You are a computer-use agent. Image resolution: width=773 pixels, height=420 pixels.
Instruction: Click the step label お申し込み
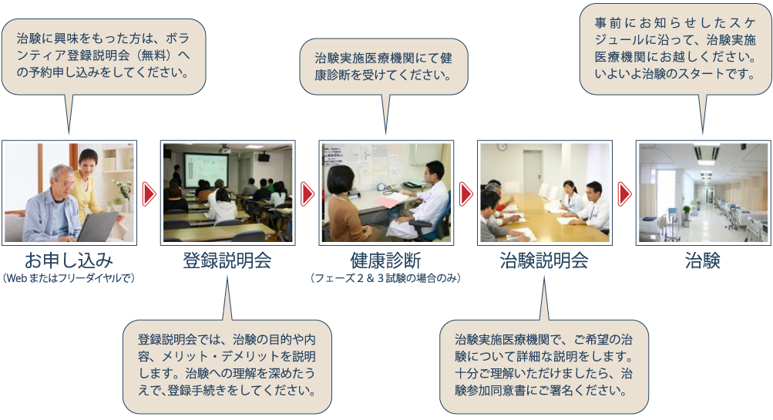tap(69, 260)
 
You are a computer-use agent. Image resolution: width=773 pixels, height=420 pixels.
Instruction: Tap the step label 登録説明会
tap(227, 260)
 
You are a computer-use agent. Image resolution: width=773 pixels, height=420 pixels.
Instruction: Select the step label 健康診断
tap(385, 260)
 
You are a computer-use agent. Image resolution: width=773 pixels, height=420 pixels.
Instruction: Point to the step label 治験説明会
tap(544, 260)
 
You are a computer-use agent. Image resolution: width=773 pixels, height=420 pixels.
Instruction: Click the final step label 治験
tap(703, 260)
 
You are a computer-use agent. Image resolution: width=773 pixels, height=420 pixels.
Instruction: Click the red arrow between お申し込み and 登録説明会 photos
tap(149, 193)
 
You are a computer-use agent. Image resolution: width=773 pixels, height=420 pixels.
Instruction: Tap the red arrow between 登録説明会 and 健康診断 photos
tap(308, 193)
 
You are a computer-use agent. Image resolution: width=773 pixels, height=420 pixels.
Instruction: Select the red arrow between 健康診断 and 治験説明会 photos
tap(465, 193)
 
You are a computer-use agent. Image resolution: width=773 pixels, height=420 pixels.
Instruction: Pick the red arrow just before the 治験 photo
tap(624, 193)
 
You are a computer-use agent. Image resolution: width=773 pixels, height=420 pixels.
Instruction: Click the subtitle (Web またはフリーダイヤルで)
tap(69, 278)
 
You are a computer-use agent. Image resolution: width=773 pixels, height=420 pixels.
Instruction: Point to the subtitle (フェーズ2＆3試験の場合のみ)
tap(385, 278)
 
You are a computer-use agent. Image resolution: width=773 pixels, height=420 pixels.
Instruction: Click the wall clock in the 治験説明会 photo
tap(502, 146)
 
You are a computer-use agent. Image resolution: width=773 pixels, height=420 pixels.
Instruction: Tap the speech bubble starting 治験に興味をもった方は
tap(103, 57)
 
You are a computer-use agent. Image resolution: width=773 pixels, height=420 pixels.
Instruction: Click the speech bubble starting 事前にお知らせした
tap(675, 49)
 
